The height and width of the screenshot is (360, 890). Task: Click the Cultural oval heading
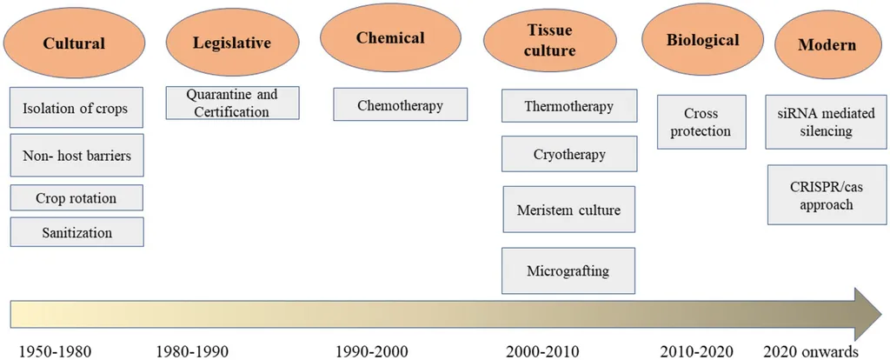click(75, 43)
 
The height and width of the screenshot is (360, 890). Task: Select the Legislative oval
click(232, 42)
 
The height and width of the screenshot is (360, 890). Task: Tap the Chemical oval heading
click(390, 37)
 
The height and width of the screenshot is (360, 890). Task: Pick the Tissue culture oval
click(549, 41)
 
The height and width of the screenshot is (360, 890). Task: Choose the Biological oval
click(702, 40)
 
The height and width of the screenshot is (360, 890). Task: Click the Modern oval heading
click(827, 44)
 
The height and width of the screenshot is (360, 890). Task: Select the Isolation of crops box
click(76, 107)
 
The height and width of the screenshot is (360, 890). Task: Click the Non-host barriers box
click(76, 155)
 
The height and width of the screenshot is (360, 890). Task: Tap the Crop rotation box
click(76, 197)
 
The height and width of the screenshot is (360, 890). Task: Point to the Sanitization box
click(76, 231)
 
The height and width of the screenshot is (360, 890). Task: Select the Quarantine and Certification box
click(232, 103)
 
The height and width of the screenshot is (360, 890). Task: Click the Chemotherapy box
click(400, 104)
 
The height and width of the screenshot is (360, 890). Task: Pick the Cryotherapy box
click(569, 154)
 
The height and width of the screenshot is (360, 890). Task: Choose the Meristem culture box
click(568, 210)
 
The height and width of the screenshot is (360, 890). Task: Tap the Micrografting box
click(568, 270)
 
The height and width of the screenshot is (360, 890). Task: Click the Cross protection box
click(701, 122)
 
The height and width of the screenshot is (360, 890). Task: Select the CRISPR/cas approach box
click(827, 195)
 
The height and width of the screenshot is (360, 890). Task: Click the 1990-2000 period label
click(372, 351)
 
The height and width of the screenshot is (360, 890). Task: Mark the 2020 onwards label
click(812, 351)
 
